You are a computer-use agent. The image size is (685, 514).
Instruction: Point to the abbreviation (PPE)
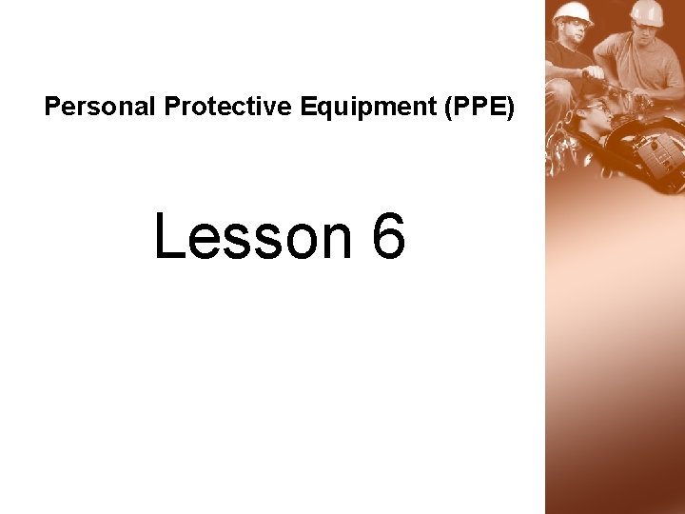(478, 107)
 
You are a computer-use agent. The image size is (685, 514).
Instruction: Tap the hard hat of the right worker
(647, 12)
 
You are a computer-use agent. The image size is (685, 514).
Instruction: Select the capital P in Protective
(171, 107)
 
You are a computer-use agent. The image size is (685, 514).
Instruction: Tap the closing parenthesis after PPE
(511, 107)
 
